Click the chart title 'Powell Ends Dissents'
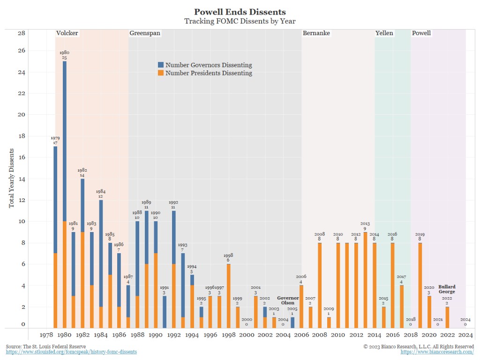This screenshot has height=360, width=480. coord(240,12)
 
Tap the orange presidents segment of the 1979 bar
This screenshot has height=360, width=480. coord(55,291)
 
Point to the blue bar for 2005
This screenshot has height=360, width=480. coord(292,322)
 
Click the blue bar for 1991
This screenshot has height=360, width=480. coord(165,312)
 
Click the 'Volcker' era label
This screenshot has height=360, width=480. coord(67,33)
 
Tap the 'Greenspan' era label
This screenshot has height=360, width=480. coord(145,33)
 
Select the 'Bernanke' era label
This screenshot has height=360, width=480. coord(316,33)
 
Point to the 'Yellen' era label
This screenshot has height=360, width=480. coord(384,33)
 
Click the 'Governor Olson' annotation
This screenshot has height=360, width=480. coord(288,300)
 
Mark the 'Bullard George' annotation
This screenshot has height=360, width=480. coord(447,289)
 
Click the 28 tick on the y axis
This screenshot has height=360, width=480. coord(22,33)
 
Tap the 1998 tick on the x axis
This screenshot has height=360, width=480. coord(228,335)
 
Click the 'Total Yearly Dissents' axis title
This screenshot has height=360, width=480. coord(11,178)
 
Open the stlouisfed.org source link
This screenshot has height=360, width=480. coord(71,352)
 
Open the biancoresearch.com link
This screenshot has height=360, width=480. coord(437,352)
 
